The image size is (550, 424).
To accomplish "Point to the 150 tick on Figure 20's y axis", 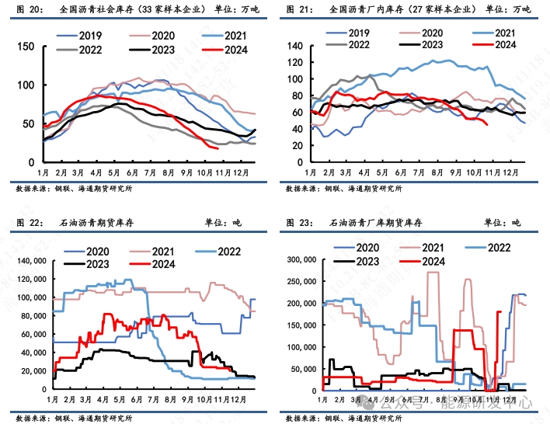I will (x=25, y=47).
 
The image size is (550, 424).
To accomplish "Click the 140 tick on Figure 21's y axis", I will (x=296, y=45).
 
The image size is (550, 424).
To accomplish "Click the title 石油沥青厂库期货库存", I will (x=377, y=223).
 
